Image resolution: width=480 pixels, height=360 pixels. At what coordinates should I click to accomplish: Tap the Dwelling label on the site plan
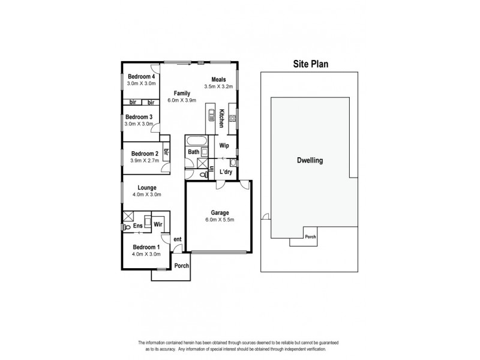[x=310, y=161]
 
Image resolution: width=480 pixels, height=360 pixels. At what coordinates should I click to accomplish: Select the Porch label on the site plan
[x=310, y=236]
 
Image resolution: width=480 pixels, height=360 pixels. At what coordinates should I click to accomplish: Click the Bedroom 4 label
[x=142, y=76]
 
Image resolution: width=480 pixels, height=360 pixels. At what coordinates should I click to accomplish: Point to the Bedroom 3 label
[x=139, y=116]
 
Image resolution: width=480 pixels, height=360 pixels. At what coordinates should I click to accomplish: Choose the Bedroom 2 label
[x=144, y=153]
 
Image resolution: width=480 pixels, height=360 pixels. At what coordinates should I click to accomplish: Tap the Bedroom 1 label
[x=146, y=247]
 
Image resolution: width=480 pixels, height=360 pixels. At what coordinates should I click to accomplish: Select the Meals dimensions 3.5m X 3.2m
[x=218, y=87]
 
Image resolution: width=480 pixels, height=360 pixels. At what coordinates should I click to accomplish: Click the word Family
[x=182, y=93]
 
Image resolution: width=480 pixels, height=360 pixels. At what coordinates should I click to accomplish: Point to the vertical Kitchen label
[x=221, y=118]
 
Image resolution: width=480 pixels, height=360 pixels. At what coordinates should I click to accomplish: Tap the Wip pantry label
[x=224, y=146]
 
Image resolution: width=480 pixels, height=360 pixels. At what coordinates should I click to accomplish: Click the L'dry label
[x=226, y=172]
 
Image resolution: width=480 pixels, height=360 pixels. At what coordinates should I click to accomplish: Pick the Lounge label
[x=146, y=187]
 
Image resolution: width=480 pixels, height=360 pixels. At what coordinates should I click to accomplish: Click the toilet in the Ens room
[x=127, y=227]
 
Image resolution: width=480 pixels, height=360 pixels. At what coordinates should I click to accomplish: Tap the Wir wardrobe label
[x=158, y=224]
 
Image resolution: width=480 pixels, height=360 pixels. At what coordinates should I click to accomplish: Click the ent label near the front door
[x=178, y=239]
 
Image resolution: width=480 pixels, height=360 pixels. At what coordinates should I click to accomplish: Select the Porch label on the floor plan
[x=181, y=266]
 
